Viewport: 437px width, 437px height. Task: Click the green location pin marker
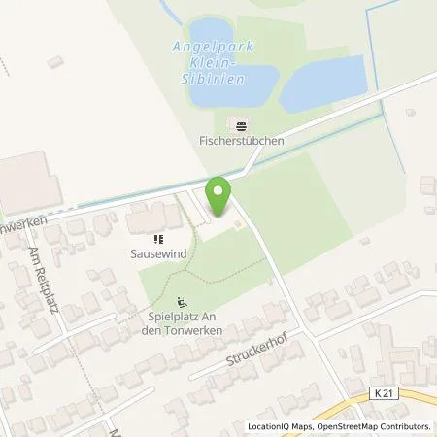click(218, 195)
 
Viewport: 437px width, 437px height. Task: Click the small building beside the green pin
click(236, 227)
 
